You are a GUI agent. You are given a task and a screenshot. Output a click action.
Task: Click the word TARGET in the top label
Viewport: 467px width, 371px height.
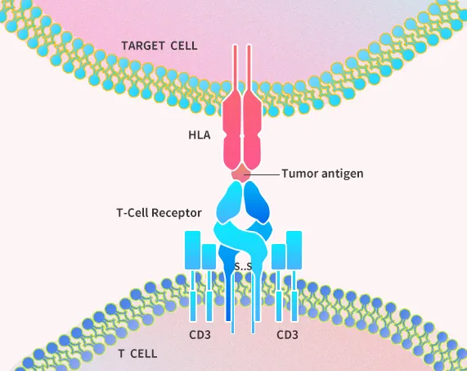pos(143,46)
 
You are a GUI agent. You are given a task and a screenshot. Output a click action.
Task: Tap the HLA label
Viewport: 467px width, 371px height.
pos(200,135)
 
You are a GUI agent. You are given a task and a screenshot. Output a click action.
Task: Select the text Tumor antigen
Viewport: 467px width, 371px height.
pos(322,174)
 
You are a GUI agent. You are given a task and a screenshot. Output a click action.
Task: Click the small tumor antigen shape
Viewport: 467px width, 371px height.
pos(241,173)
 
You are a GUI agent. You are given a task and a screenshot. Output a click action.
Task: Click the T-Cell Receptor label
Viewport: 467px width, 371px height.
pos(159,213)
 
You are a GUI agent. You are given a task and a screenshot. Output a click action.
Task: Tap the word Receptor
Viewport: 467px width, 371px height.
pos(177,213)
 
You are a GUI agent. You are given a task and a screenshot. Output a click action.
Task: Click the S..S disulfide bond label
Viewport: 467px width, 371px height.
pos(244,266)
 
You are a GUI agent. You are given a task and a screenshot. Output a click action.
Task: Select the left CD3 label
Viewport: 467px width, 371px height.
pos(200,335)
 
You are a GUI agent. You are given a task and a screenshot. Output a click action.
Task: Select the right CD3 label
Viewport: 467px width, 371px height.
pos(287,335)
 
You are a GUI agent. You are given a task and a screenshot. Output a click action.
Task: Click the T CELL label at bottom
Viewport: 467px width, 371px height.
pos(137,354)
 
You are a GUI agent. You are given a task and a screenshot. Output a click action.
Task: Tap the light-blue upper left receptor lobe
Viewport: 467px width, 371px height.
pos(229,202)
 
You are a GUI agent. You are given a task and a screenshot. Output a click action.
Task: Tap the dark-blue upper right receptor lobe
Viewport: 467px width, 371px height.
pos(257,202)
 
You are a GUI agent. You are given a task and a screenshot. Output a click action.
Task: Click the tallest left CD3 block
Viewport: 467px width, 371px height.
pos(193,250)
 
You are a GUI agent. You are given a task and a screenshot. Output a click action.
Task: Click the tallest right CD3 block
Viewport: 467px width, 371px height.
pos(294,250)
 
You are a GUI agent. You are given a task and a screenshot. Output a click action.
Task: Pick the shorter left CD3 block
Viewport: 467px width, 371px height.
pos(209,257)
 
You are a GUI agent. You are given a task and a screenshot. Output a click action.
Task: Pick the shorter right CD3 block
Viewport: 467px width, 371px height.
pos(278,257)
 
